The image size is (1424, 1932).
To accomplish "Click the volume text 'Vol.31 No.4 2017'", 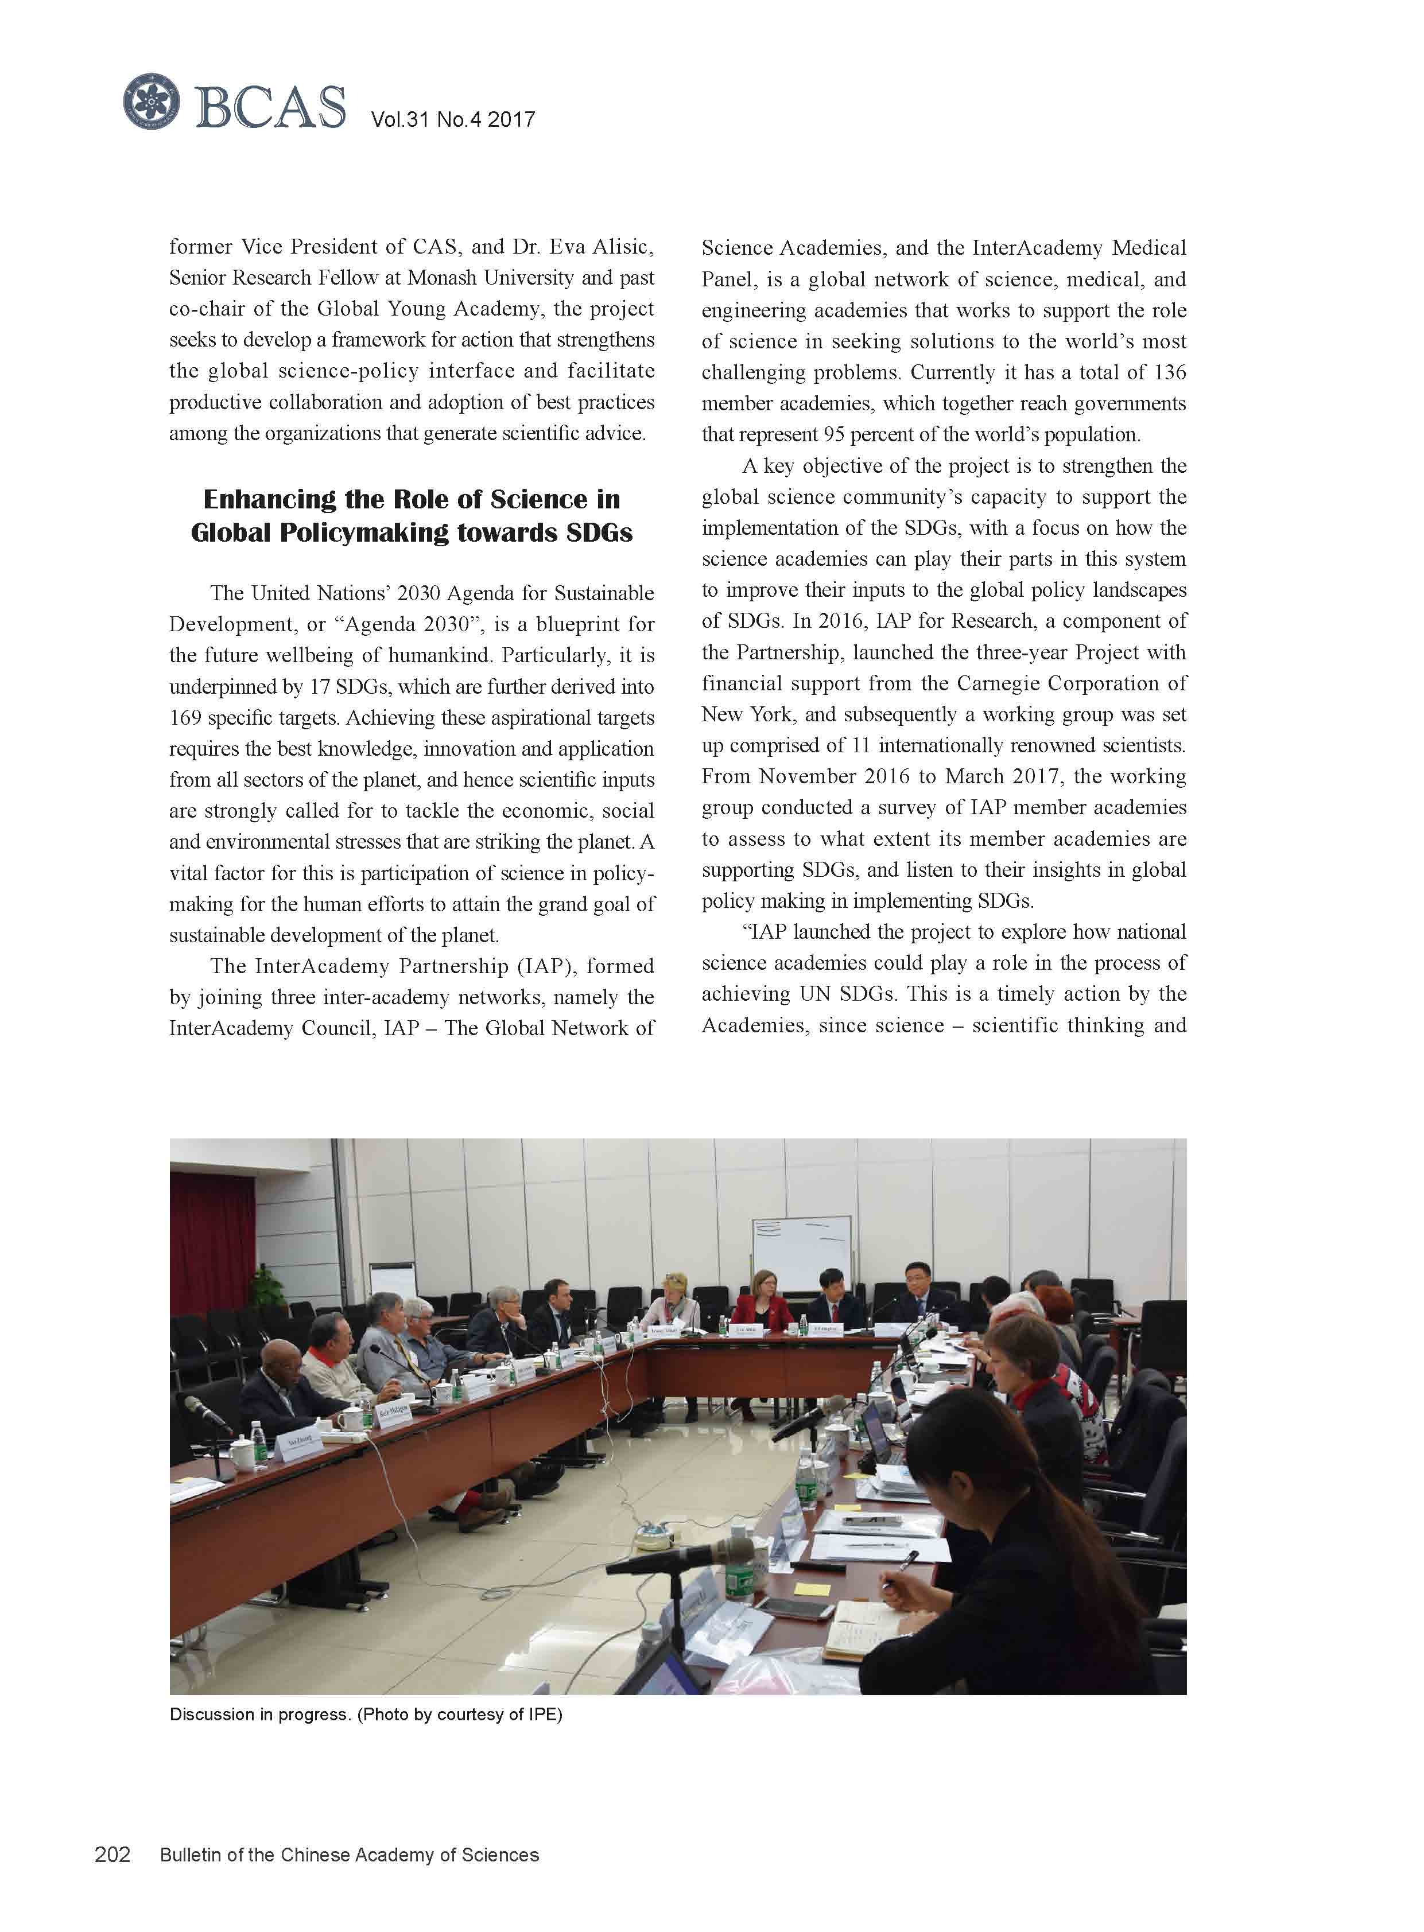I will click(x=452, y=120).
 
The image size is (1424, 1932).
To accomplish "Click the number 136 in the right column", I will click(x=1169, y=372).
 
